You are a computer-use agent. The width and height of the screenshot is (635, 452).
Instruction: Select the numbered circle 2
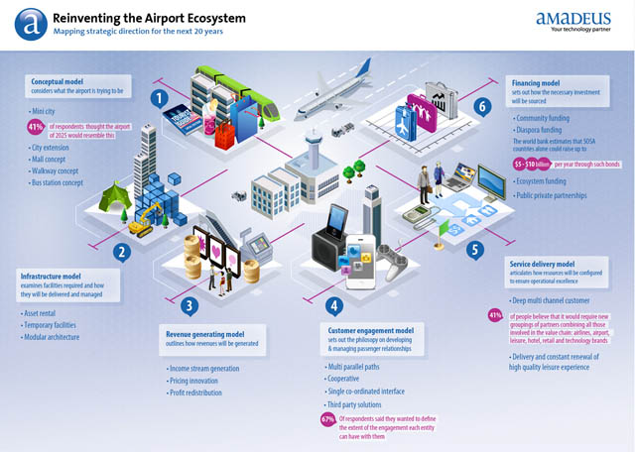(x=122, y=252)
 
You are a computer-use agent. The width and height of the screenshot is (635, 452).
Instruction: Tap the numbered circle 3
(x=191, y=305)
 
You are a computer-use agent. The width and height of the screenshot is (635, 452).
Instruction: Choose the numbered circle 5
(x=475, y=251)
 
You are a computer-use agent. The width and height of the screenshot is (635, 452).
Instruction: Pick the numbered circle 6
(x=481, y=105)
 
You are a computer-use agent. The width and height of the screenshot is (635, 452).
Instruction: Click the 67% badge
(x=327, y=419)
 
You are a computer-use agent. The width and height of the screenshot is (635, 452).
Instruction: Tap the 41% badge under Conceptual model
(x=43, y=126)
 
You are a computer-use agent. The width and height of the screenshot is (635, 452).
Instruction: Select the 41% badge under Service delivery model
(x=496, y=316)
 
